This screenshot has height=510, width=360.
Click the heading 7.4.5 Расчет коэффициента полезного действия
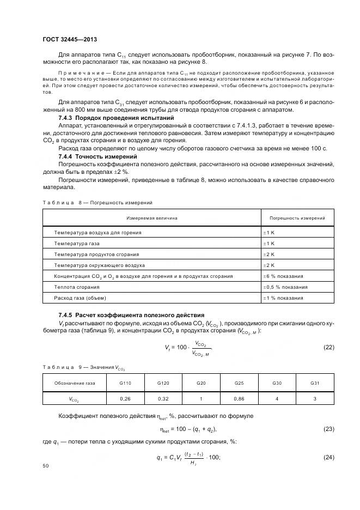point(131,315)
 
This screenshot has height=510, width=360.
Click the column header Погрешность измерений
point(297,218)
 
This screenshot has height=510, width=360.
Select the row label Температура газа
point(76,244)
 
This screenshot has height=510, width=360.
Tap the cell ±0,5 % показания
point(285,287)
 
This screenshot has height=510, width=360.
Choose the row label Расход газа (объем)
point(80,298)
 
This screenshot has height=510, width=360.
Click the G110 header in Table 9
point(125,383)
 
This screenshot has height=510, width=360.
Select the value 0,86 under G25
point(239,399)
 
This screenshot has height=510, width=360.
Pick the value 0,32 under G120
point(163,399)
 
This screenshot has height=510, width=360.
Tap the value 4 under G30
point(277,399)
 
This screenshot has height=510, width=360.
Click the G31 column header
point(315,383)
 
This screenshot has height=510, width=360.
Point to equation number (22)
point(328,348)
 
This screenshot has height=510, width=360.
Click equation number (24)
point(328,457)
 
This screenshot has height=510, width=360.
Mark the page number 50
point(45,466)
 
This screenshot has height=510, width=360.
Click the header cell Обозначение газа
point(74,383)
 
